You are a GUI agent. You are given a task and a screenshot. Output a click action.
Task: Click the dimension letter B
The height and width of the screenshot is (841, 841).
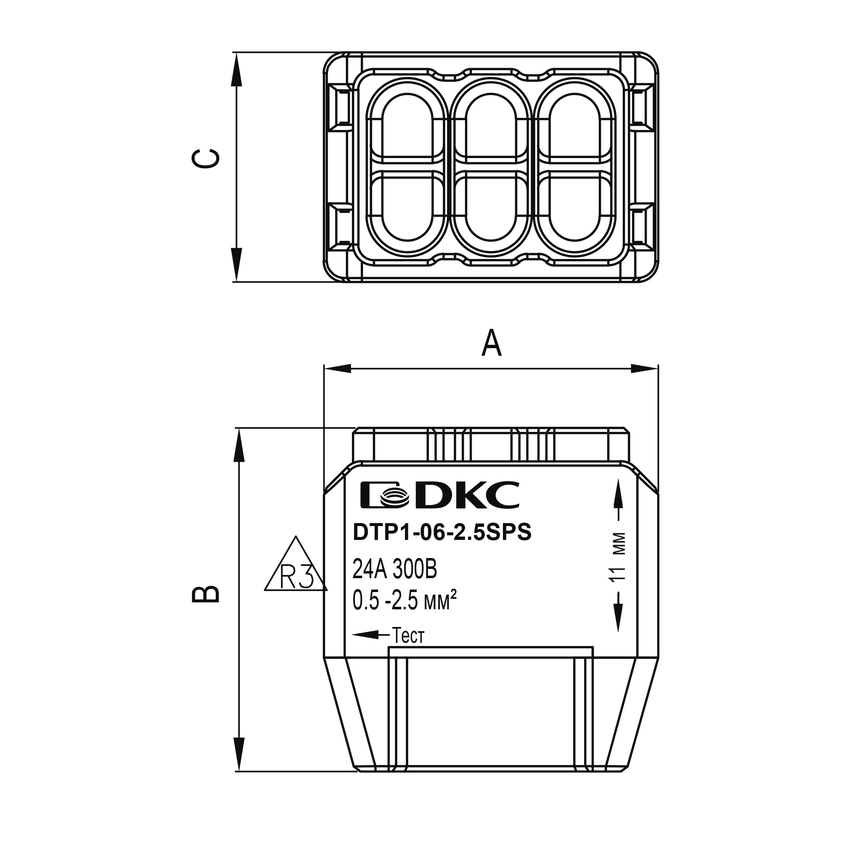coord(206,595)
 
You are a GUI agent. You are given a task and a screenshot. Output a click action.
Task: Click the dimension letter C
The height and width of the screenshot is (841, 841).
coord(206,159)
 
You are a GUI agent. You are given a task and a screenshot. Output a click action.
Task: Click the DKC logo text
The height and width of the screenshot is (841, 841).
coord(466,495)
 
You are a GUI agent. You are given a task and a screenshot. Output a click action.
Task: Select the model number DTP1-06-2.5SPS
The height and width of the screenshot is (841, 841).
coord(442,533)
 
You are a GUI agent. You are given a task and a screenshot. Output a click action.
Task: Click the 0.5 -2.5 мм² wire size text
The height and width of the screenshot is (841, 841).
coord(405,602)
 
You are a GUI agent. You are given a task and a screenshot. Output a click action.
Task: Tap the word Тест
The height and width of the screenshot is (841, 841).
coord(408,636)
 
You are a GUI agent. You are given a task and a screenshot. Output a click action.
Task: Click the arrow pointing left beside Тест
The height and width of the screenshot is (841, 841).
coord(370,635)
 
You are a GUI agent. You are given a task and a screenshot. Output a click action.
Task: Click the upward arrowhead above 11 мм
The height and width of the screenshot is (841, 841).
coord(618,494)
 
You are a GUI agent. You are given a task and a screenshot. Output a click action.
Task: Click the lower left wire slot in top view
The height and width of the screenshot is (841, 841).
coord(407,205)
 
